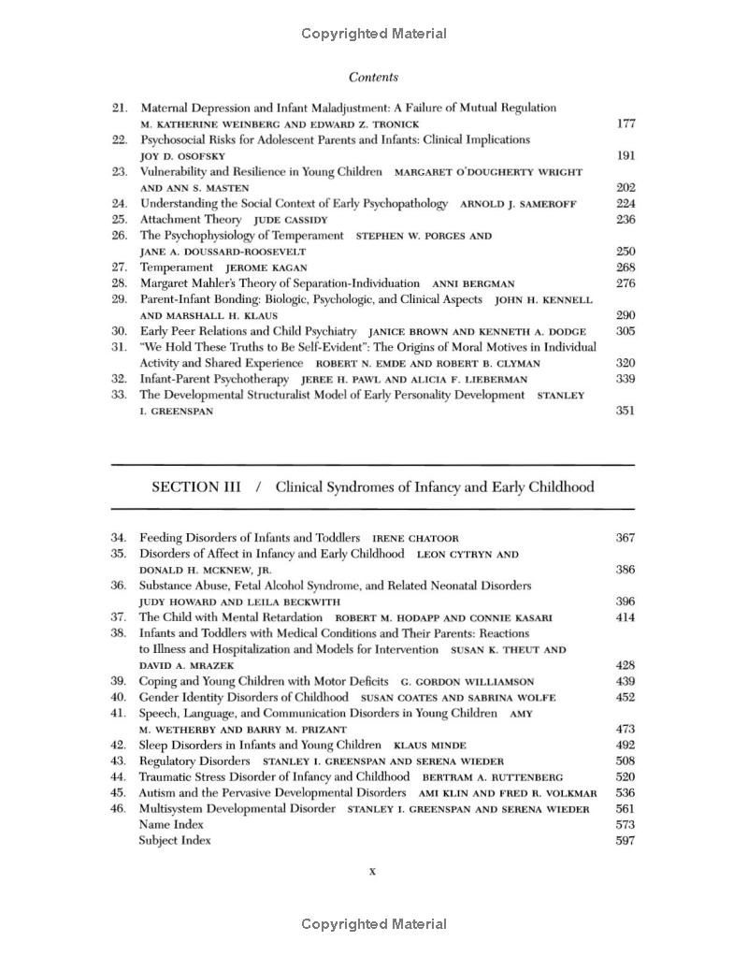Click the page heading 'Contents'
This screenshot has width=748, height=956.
[373, 78]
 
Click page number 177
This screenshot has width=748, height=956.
[626, 123]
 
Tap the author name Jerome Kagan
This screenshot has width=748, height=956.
[266, 268]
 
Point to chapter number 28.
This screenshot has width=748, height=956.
[119, 282]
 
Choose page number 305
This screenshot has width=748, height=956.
[626, 331]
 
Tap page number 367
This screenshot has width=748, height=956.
[626, 538]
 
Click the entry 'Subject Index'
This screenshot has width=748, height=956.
[175, 840]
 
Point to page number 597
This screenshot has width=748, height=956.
[626, 840]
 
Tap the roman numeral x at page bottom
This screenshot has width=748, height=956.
[372, 872]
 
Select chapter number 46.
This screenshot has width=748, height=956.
[119, 808]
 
